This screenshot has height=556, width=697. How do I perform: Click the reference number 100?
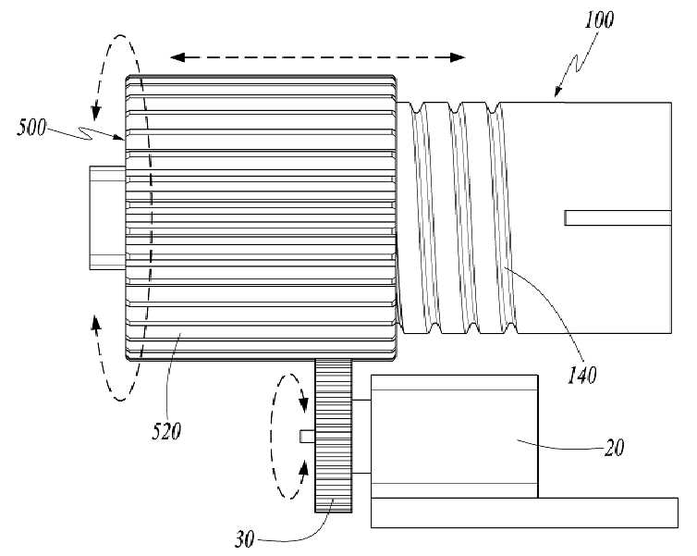(598, 20)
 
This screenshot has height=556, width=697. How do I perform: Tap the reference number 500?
(31, 128)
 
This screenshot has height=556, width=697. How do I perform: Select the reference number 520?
(166, 431)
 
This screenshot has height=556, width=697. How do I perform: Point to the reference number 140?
(581, 375)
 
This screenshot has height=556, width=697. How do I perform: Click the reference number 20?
(615, 448)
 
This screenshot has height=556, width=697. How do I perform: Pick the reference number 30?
(244, 539)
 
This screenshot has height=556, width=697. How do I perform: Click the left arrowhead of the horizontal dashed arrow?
(177, 57)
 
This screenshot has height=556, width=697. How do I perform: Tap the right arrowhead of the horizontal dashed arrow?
(457, 57)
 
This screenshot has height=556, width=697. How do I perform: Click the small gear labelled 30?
(334, 436)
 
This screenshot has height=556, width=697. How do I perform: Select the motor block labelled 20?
(454, 437)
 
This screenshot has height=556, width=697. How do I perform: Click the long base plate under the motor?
(524, 513)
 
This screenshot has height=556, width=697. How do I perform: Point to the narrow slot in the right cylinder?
(618, 218)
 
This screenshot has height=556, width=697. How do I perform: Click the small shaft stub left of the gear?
(307, 437)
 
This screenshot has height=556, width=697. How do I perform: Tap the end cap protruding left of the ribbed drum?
(107, 217)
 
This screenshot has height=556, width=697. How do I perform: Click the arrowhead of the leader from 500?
(119, 138)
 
